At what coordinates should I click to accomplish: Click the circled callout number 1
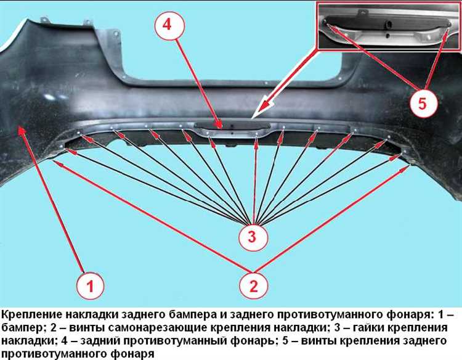(90, 285)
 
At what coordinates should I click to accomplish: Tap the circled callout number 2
(253, 285)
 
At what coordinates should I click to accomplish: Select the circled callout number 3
(253, 237)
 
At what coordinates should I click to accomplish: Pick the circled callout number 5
(423, 103)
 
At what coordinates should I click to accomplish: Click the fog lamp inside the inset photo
(387, 23)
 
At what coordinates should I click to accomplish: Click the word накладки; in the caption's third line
(28, 341)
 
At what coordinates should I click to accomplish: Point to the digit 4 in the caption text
(65, 341)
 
